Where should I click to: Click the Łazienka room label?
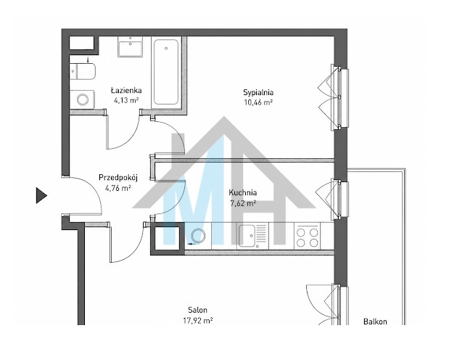[126, 91]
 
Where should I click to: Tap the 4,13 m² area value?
[126, 100]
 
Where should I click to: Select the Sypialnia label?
[258, 93]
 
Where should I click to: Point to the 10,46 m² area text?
[258, 102]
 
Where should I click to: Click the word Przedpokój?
[118, 178]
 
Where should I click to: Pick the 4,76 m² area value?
[118, 188]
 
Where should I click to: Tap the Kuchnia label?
[243, 192]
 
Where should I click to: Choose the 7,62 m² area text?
[243, 203]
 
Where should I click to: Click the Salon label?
[197, 310]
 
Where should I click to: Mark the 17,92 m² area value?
[198, 321]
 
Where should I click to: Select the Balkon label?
[375, 322]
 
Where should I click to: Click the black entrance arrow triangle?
[41, 195]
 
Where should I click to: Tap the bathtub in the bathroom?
[166, 72]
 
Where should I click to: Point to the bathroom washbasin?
[131, 46]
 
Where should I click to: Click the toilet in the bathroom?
[83, 71]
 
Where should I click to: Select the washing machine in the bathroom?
[83, 99]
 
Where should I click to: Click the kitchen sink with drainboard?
[253, 236]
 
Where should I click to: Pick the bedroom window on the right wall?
[339, 97]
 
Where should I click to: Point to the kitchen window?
[339, 199]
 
